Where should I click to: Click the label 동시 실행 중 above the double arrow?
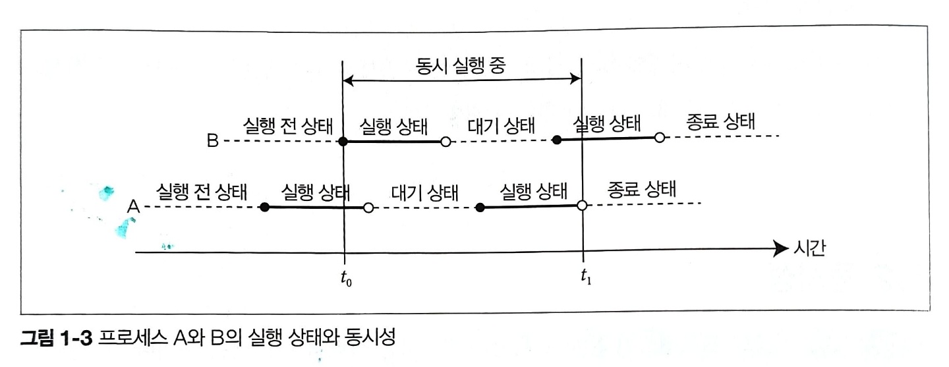pos(461,65)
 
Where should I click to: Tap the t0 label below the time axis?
pos(345,279)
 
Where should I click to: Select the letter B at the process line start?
pos(212,141)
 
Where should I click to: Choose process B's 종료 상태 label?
pos(720,123)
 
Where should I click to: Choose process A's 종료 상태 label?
pos(641,190)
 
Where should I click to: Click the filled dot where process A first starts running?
pos(264,208)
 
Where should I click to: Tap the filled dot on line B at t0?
pos(343,141)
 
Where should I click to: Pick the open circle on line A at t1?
pos(582,206)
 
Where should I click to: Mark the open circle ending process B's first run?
pos(446,141)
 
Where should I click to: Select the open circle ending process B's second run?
pos(659,138)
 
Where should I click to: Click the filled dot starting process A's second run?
pos(480,208)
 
